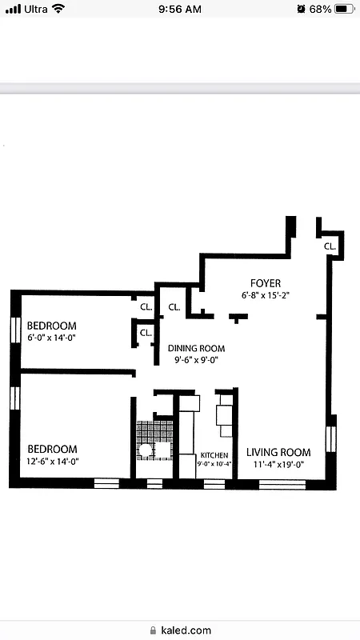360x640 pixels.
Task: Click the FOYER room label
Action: tap(265, 283)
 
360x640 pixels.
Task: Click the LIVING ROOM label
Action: tap(278, 452)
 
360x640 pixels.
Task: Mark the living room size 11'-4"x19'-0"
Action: tap(278, 464)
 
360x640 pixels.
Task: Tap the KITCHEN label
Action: tap(214, 455)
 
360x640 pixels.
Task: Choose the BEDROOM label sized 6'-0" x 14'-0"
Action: tap(52, 326)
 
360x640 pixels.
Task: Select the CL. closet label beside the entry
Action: tap(330, 246)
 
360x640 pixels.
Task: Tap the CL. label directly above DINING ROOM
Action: tap(174, 306)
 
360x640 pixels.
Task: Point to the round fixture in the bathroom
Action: tap(146, 450)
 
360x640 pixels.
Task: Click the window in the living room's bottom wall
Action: tap(277, 484)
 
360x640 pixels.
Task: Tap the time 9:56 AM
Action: tap(179, 9)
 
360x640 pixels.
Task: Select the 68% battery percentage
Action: tap(320, 9)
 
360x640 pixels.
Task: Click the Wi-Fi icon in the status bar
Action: tap(58, 9)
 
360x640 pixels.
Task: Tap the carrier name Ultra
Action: tap(35, 9)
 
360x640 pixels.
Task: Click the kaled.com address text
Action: tap(186, 630)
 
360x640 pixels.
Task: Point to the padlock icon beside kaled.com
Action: tap(152, 630)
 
